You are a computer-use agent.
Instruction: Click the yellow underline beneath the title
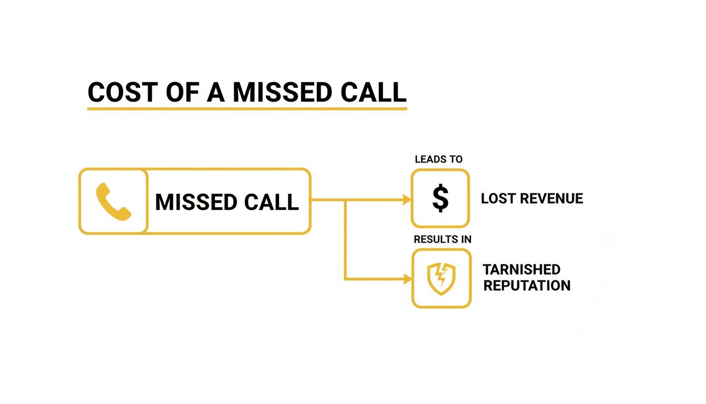(247, 109)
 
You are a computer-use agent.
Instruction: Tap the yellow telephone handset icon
(113, 201)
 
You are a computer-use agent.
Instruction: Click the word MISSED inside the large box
(196, 202)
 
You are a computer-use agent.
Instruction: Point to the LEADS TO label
(439, 159)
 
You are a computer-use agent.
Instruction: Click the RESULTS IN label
(442, 239)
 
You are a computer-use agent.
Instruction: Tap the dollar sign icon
(440, 199)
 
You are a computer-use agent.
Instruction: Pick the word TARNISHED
(522, 269)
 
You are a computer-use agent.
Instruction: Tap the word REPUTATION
(527, 286)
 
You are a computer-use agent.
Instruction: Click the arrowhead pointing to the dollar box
(406, 200)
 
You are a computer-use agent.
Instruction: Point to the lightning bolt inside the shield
(442, 276)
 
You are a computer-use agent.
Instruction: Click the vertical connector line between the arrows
(345, 239)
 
